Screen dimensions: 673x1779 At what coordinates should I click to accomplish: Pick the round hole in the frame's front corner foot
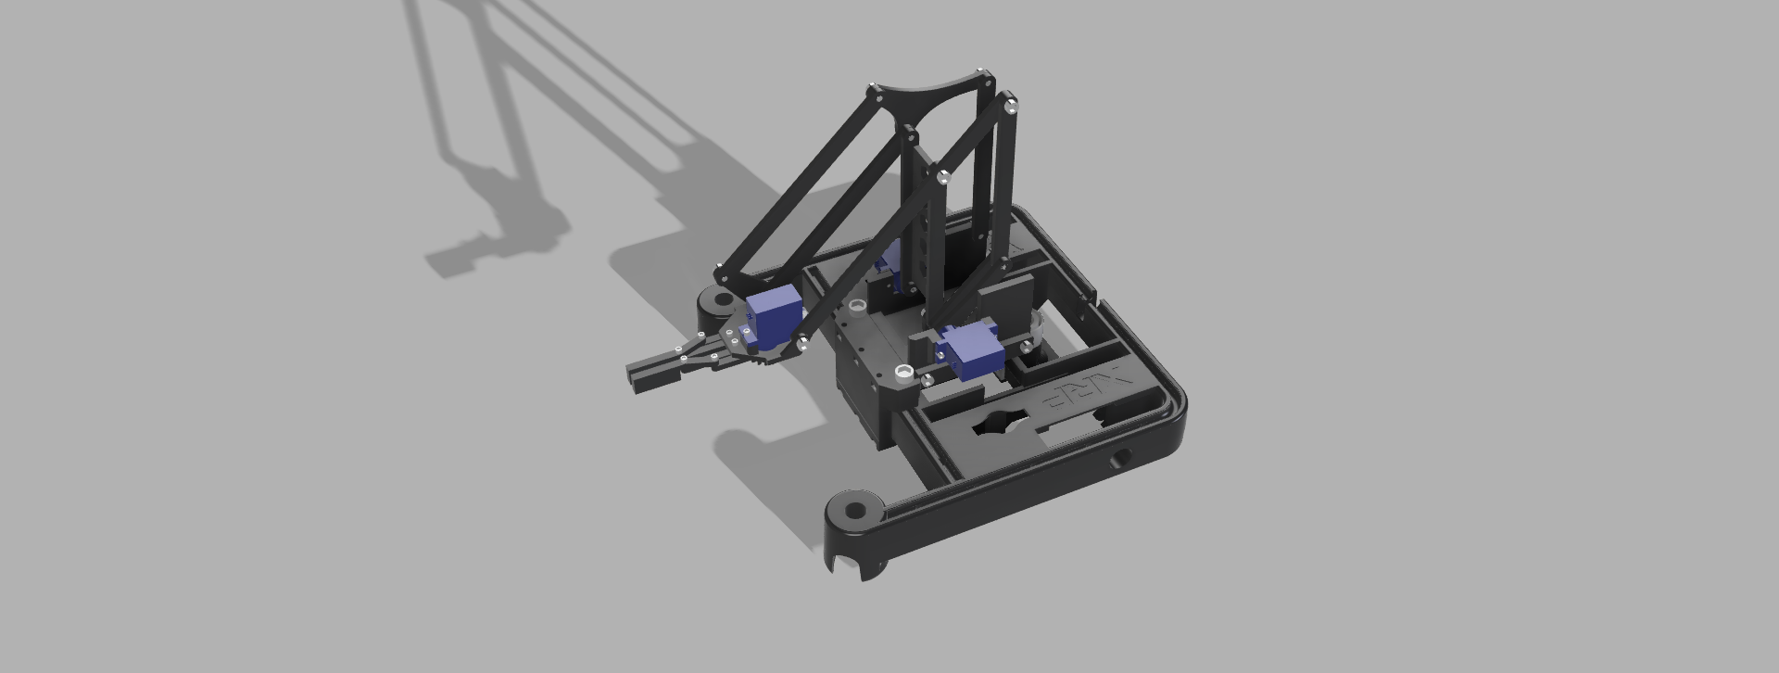coord(854,509)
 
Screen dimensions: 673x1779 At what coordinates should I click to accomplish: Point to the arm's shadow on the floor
coord(519,148)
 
